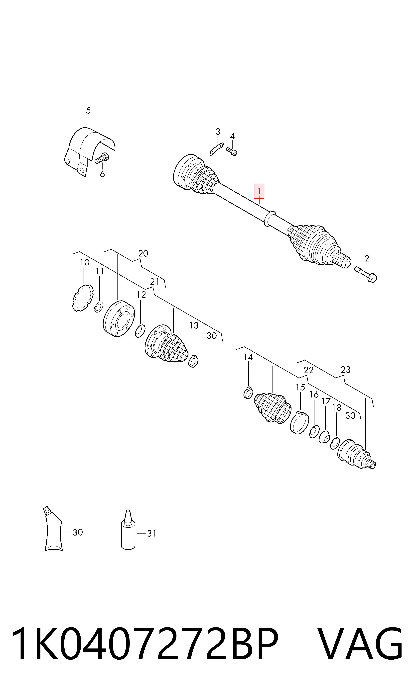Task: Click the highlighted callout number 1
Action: pyautogui.click(x=259, y=191)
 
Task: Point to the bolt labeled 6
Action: pyautogui.click(x=102, y=158)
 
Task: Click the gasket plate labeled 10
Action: pyautogui.click(x=82, y=298)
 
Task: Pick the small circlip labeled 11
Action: pyautogui.click(x=99, y=307)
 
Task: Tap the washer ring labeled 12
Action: pyautogui.click(x=140, y=331)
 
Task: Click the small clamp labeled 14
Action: pyautogui.click(x=248, y=392)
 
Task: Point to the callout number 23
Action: pyautogui.click(x=346, y=370)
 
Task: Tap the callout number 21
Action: pyautogui.click(x=155, y=282)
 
